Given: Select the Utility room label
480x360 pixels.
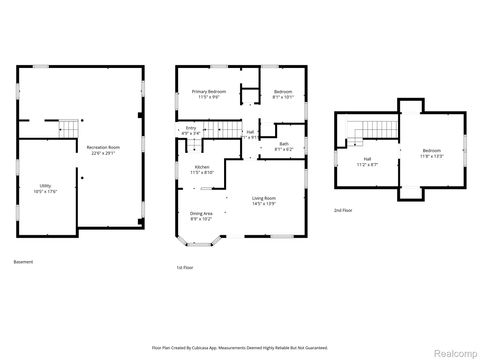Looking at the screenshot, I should [x=45, y=186].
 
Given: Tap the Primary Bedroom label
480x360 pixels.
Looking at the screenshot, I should [x=209, y=92].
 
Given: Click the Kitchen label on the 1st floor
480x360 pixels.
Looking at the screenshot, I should [x=201, y=167].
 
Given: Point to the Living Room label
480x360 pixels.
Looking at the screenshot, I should [x=264, y=199].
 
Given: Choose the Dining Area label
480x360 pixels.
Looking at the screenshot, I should [x=201, y=214].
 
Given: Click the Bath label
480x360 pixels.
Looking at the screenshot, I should [x=284, y=144].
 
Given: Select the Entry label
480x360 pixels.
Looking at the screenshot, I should [x=191, y=128].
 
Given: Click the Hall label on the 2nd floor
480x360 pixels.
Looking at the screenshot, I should [x=367, y=158].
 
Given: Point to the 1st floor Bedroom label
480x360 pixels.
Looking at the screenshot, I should [x=283, y=92].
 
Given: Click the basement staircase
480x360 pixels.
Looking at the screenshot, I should [x=66, y=127].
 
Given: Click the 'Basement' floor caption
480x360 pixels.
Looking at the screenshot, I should [x=23, y=262].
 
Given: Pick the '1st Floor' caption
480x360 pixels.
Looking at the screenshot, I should [x=184, y=269].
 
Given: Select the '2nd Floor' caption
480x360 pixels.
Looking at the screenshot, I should [x=343, y=211].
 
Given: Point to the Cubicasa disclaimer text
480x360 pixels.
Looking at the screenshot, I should [x=240, y=346].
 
